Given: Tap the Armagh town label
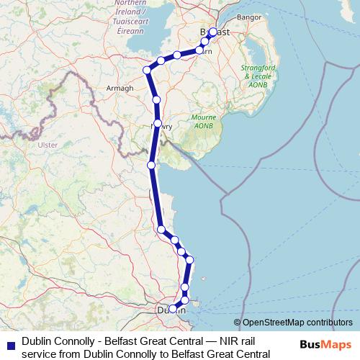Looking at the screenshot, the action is [x=120, y=88].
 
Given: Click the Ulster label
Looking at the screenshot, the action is [x=47, y=145].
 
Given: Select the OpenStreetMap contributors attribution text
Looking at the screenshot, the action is [x=297, y=323].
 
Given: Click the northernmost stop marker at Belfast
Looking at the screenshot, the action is [x=212, y=32].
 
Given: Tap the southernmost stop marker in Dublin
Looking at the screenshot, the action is [x=172, y=309].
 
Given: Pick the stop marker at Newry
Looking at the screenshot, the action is [x=157, y=124].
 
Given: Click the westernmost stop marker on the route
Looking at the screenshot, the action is [x=147, y=70].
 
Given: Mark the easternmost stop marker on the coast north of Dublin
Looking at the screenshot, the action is [x=189, y=260].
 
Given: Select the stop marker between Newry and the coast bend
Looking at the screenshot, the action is [x=151, y=166].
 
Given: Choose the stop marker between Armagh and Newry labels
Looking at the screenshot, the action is [x=156, y=99].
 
